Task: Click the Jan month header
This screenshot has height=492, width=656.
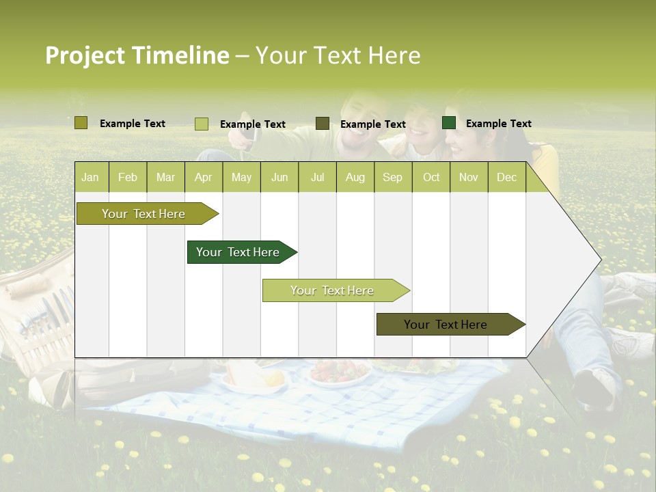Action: tap(90, 177)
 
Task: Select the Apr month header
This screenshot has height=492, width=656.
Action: tap(203, 177)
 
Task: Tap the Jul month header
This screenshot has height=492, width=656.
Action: tap(317, 177)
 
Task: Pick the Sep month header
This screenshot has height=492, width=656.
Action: tap(392, 177)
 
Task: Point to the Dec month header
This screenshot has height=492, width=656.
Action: tap(506, 177)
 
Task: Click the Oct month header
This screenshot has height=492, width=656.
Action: tap(430, 177)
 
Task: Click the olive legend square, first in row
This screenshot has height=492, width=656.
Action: tap(81, 123)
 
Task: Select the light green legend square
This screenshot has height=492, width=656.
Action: tap(201, 124)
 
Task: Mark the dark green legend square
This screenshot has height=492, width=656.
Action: tap(449, 123)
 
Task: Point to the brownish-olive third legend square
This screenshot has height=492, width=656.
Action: tap(323, 124)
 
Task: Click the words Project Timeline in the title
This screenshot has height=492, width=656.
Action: tap(137, 55)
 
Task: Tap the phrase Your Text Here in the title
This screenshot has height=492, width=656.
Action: tap(338, 55)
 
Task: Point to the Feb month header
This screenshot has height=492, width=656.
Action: tap(127, 177)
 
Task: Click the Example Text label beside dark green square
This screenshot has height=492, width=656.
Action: tap(498, 124)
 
